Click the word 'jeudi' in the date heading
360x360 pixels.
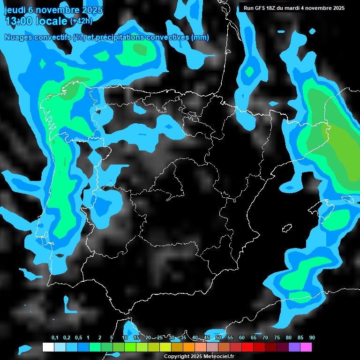(15, 10)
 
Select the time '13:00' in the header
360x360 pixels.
(19, 21)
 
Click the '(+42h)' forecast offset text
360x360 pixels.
(81, 21)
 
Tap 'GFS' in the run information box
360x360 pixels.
(260, 8)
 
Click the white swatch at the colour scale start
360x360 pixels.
(48, 347)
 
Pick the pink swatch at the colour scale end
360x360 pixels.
(306, 347)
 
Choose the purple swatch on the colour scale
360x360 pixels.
(294, 347)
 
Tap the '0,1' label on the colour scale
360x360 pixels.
(55, 338)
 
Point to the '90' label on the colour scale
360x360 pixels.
(312, 338)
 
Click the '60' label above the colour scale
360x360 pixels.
(242, 338)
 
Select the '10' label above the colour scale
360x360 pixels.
(125, 338)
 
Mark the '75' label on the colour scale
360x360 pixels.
(277, 338)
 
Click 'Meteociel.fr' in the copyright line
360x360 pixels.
(218, 356)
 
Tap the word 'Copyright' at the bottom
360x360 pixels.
(176, 356)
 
